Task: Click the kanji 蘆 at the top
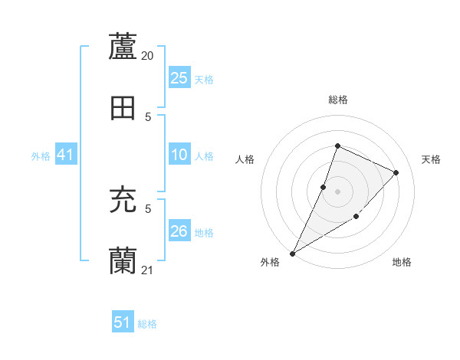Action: click(x=123, y=47)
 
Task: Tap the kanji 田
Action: click(x=123, y=109)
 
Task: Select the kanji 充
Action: click(x=123, y=201)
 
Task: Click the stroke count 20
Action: click(x=148, y=56)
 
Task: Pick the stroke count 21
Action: click(x=148, y=270)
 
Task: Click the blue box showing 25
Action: click(x=179, y=78)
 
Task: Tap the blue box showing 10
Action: click(x=179, y=155)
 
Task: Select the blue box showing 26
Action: click(x=179, y=231)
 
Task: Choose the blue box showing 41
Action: click(x=66, y=155)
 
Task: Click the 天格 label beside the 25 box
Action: click(x=204, y=79)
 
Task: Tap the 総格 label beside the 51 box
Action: click(x=147, y=324)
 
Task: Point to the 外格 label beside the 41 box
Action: click(x=41, y=155)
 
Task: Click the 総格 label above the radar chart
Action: click(x=337, y=100)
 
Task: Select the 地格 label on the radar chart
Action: click(x=402, y=262)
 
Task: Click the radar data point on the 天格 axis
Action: click(x=396, y=173)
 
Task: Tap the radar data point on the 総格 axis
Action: click(x=337, y=146)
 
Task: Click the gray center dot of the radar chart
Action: click(x=337, y=191)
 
